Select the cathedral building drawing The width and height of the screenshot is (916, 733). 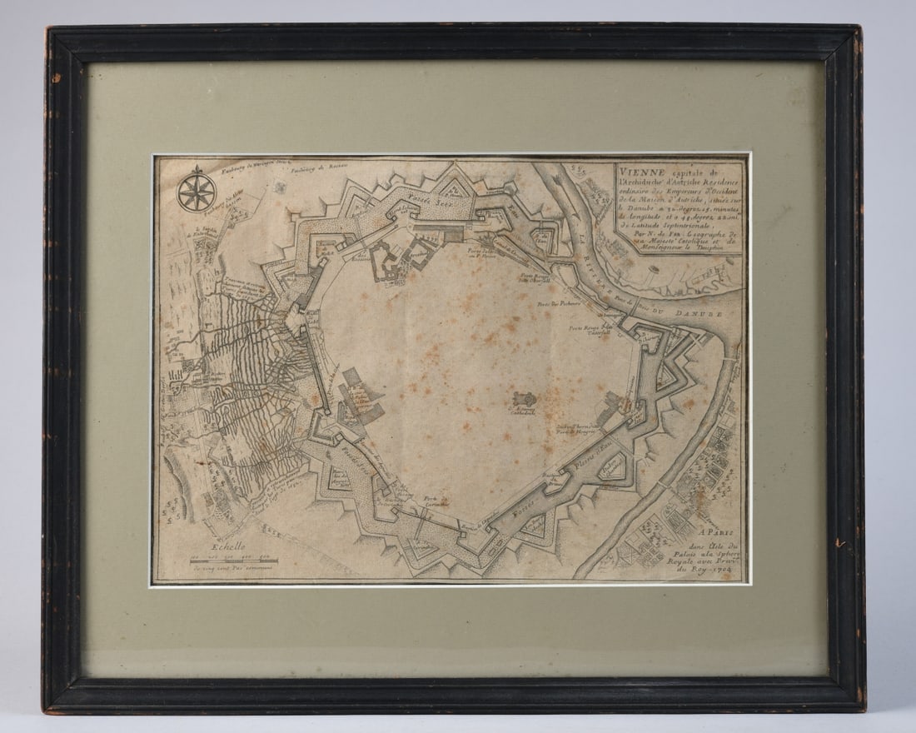coord(525,401)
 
